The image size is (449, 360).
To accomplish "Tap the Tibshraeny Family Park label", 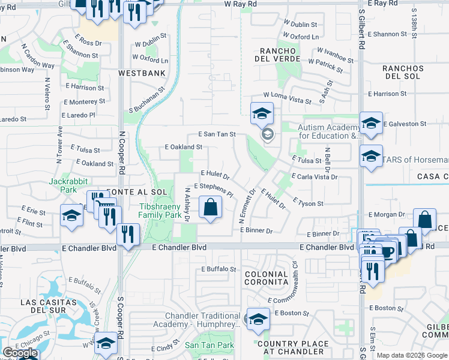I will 160,210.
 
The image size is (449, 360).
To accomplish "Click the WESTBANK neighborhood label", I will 142,73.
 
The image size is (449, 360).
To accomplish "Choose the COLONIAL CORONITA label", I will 267,278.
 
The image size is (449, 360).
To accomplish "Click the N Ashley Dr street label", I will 187,206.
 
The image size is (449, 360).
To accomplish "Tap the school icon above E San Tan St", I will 262,113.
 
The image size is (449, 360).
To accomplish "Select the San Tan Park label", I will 209,345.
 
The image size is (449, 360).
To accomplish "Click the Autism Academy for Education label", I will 329,131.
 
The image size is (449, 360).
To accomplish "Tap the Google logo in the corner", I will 20,353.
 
